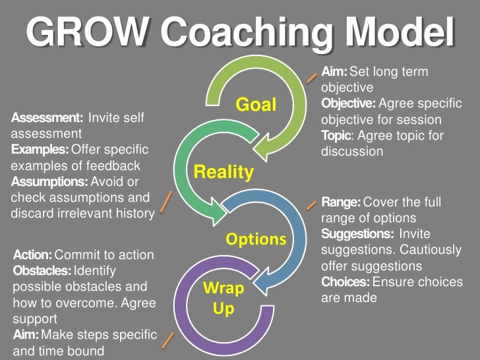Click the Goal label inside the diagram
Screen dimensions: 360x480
coord(256,105)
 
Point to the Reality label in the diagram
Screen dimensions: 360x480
coord(224,173)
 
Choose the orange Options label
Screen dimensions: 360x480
coord(256,238)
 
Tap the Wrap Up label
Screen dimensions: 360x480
coord(224,298)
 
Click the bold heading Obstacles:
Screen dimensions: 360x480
coord(42,270)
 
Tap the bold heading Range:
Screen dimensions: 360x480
coord(340,202)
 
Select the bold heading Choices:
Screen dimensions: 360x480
coord(345,282)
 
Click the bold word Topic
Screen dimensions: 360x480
coord(335,136)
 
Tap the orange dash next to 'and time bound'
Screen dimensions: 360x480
coord(168,341)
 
